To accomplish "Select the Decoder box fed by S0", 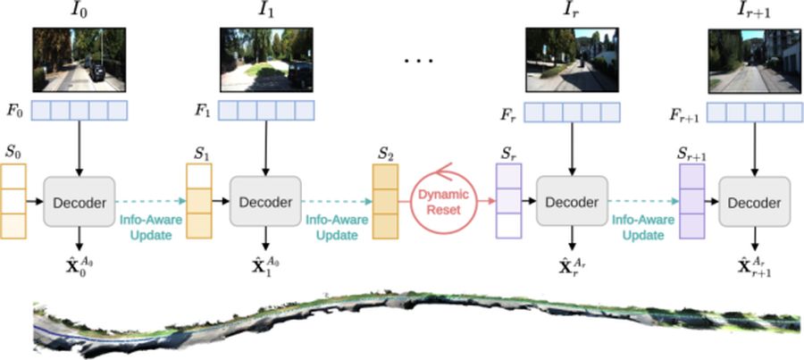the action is (79, 202).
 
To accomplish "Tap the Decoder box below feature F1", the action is (265, 202).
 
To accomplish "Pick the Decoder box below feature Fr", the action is (572, 202).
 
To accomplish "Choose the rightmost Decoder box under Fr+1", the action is (754, 202).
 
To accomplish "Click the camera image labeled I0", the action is (79, 60).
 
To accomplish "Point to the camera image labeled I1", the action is (266, 60).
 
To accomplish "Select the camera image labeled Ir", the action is (573, 60).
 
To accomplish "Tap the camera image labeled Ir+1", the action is (754, 61).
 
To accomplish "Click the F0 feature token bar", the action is (80, 110).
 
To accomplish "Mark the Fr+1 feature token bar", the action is (755, 113).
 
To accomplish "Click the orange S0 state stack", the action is (13, 201).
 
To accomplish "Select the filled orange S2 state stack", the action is (385, 201).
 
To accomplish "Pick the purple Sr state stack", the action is (508, 201).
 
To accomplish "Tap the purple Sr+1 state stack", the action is (691, 201).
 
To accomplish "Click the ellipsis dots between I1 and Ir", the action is (419, 61).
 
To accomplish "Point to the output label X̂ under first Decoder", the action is (79, 267).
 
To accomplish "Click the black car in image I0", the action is (96, 73).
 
